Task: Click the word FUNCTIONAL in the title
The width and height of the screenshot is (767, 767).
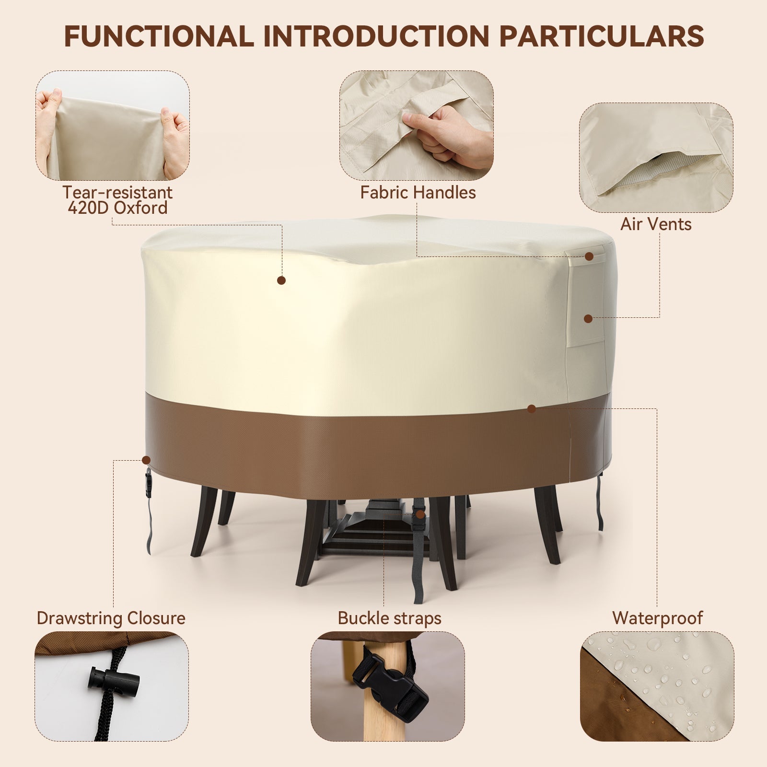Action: tap(159, 36)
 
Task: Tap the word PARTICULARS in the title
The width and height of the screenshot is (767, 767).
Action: tap(601, 36)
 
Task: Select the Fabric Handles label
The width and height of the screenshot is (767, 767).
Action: tap(418, 193)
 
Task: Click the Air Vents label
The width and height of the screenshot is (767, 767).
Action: tap(656, 224)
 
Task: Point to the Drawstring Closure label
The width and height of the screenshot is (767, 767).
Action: tap(111, 618)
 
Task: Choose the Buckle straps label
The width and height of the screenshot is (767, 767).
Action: tap(389, 618)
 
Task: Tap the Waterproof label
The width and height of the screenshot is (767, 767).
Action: tap(657, 618)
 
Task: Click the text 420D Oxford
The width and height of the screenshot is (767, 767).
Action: tap(117, 208)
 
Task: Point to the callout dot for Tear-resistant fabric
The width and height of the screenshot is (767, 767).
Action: tap(281, 280)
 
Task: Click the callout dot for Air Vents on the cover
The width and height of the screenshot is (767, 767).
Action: tap(588, 318)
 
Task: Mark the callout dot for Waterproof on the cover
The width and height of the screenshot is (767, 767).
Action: tap(531, 409)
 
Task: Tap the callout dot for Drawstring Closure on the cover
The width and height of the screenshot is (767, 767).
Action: tap(146, 460)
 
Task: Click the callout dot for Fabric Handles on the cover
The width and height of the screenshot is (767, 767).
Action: tap(589, 256)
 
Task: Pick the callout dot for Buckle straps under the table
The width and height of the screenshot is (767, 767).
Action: tap(420, 514)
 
